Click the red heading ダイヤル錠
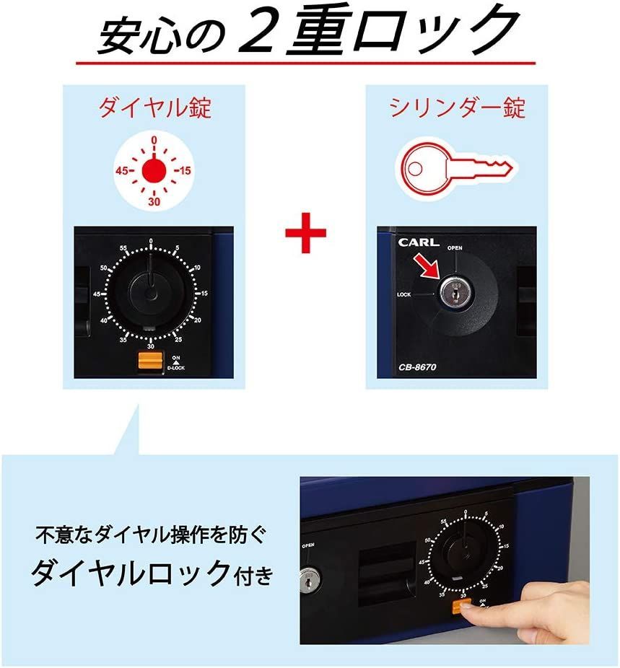tap(154, 108)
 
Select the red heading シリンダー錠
tap(457, 108)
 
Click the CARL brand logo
tap(418, 242)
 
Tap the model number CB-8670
tap(417, 366)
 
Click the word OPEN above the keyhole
tap(455, 248)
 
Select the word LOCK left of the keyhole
tap(404, 294)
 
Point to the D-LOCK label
tap(176, 367)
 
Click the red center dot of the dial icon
tap(153, 171)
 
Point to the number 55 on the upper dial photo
tap(123, 249)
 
